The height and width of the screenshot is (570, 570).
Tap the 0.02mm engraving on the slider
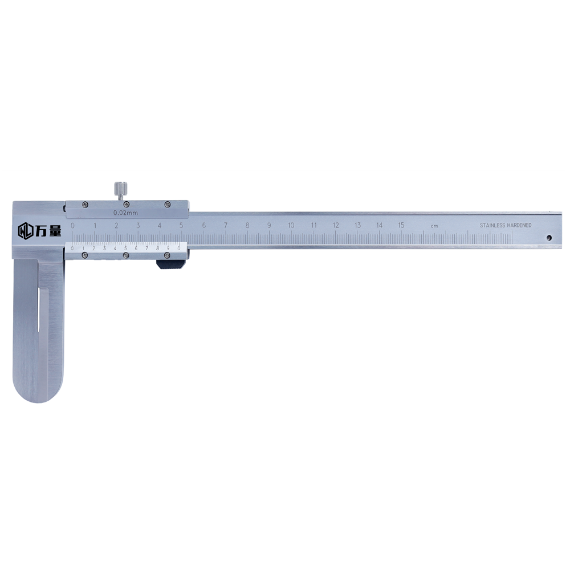pyautogui.click(x=126, y=213)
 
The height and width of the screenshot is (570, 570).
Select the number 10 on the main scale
pyautogui.click(x=291, y=225)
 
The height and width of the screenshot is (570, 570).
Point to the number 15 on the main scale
pyautogui.click(x=401, y=225)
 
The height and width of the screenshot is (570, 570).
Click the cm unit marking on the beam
pyautogui.click(x=434, y=226)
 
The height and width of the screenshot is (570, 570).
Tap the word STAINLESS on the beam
pyautogui.click(x=492, y=225)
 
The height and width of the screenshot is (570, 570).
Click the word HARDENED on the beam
pyautogui.click(x=519, y=225)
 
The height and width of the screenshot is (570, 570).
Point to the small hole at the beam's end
pyautogui.click(x=549, y=238)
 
